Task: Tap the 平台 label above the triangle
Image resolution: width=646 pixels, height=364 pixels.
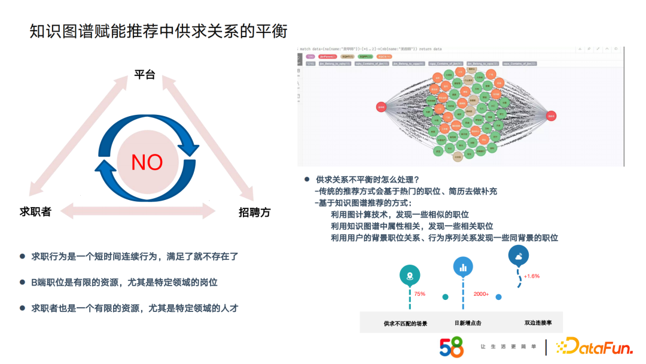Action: pyautogui.click(x=144, y=75)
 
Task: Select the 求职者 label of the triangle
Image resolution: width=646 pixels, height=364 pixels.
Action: pyautogui.click(x=35, y=211)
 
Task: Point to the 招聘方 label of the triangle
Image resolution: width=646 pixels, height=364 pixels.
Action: pyautogui.click(x=254, y=212)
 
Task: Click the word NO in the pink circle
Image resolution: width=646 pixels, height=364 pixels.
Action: pyautogui.click(x=147, y=162)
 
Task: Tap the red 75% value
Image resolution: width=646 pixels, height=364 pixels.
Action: pyautogui.click(x=419, y=294)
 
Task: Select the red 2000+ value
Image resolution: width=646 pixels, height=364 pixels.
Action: pyautogui.click(x=481, y=294)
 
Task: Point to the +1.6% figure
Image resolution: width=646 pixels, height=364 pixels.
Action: pyautogui.click(x=532, y=276)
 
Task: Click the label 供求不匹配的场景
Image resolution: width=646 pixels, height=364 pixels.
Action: pyautogui.click(x=406, y=323)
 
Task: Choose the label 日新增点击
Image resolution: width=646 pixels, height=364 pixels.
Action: pyautogui.click(x=468, y=323)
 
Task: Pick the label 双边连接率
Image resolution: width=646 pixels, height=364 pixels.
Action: pyautogui.click(x=538, y=323)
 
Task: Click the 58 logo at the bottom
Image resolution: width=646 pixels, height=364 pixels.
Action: pyautogui.click(x=451, y=347)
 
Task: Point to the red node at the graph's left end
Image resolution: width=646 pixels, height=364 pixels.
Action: pyautogui.click(x=381, y=107)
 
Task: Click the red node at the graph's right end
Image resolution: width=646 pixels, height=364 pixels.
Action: pyautogui.click(x=551, y=116)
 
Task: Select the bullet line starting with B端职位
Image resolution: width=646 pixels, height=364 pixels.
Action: pyautogui.click(x=129, y=282)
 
